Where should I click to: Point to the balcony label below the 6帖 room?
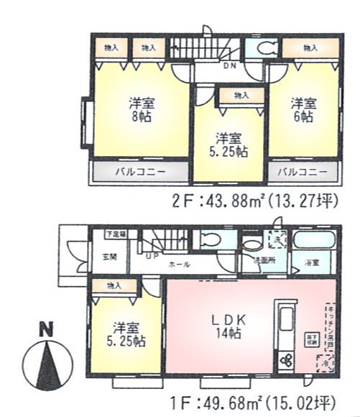303,173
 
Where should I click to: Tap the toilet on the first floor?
211,239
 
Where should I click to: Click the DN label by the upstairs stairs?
229,67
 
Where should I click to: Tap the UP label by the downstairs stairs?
151,255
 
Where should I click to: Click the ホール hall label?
179,265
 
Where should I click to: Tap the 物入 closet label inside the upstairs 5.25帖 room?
241,95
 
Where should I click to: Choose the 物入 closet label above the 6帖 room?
310,48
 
